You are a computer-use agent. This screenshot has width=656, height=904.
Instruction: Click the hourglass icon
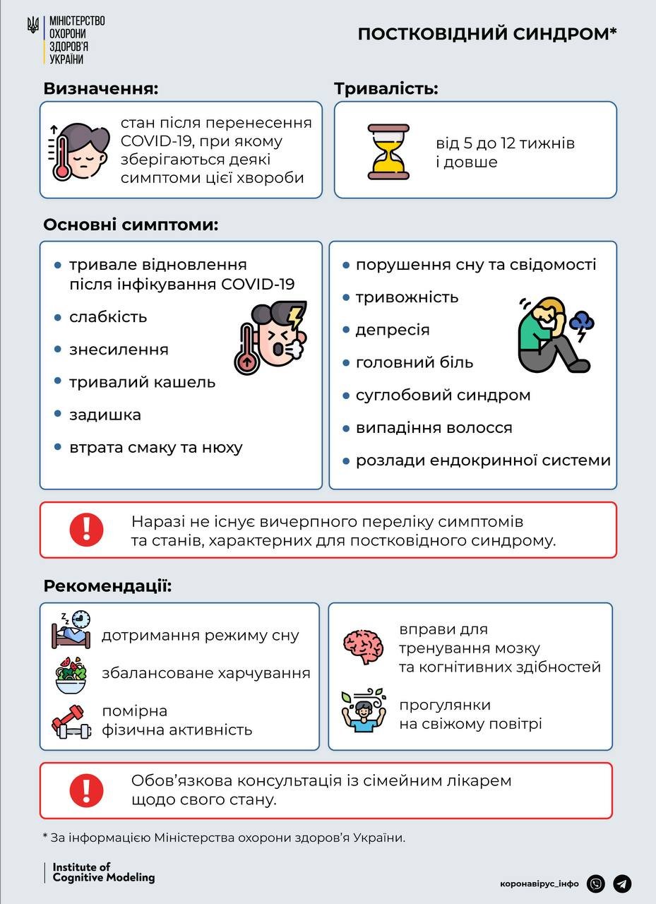(388, 151)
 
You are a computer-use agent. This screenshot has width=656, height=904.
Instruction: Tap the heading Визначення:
(100, 89)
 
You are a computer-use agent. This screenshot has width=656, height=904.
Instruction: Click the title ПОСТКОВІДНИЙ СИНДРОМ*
(487, 35)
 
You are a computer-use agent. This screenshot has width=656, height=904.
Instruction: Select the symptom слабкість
(108, 317)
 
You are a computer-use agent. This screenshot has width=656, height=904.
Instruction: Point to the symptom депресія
(393, 330)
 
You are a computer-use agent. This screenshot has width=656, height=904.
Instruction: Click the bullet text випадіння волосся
(434, 427)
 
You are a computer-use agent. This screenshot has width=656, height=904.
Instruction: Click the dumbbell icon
(71, 721)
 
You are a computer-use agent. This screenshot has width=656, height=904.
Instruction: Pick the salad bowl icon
(71, 675)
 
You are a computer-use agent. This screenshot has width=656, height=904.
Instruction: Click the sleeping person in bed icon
(71, 630)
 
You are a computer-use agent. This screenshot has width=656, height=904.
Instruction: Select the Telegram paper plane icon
(622, 884)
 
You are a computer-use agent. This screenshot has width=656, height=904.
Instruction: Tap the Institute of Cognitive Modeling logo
(103, 872)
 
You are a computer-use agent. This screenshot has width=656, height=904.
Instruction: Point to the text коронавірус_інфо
(539, 884)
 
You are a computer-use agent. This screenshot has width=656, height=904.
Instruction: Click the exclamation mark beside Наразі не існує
(86, 530)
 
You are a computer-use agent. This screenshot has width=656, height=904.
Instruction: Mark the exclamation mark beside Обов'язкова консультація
(86, 790)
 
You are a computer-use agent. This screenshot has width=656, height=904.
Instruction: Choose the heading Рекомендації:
(107, 586)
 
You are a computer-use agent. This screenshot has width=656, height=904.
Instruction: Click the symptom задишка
(105, 415)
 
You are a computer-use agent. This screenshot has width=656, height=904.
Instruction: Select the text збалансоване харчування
(205, 673)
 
